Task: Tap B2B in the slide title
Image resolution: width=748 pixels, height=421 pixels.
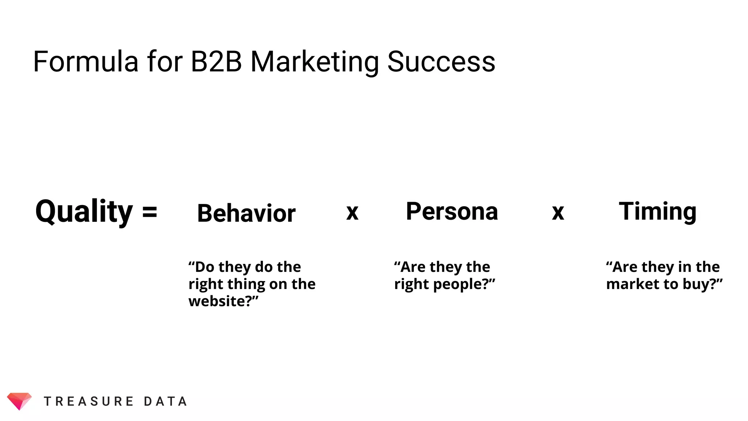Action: [216, 61]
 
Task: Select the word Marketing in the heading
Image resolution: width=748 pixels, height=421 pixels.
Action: [314, 62]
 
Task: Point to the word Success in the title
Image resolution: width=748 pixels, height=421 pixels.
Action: [441, 61]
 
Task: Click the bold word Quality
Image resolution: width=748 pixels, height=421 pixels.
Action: [84, 212]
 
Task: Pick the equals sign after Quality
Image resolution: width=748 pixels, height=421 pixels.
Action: [150, 212]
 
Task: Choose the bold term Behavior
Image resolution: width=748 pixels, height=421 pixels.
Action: [246, 213]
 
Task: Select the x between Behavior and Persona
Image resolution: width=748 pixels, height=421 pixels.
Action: [352, 212]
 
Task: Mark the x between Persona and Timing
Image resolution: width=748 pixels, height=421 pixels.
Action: [558, 212]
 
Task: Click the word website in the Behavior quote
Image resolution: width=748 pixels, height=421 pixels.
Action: [218, 301]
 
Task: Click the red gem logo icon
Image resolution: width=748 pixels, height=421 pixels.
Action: [19, 401]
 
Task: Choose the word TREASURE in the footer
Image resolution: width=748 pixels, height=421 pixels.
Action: [89, 401]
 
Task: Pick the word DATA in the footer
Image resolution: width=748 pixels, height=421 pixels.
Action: [165, 401]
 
